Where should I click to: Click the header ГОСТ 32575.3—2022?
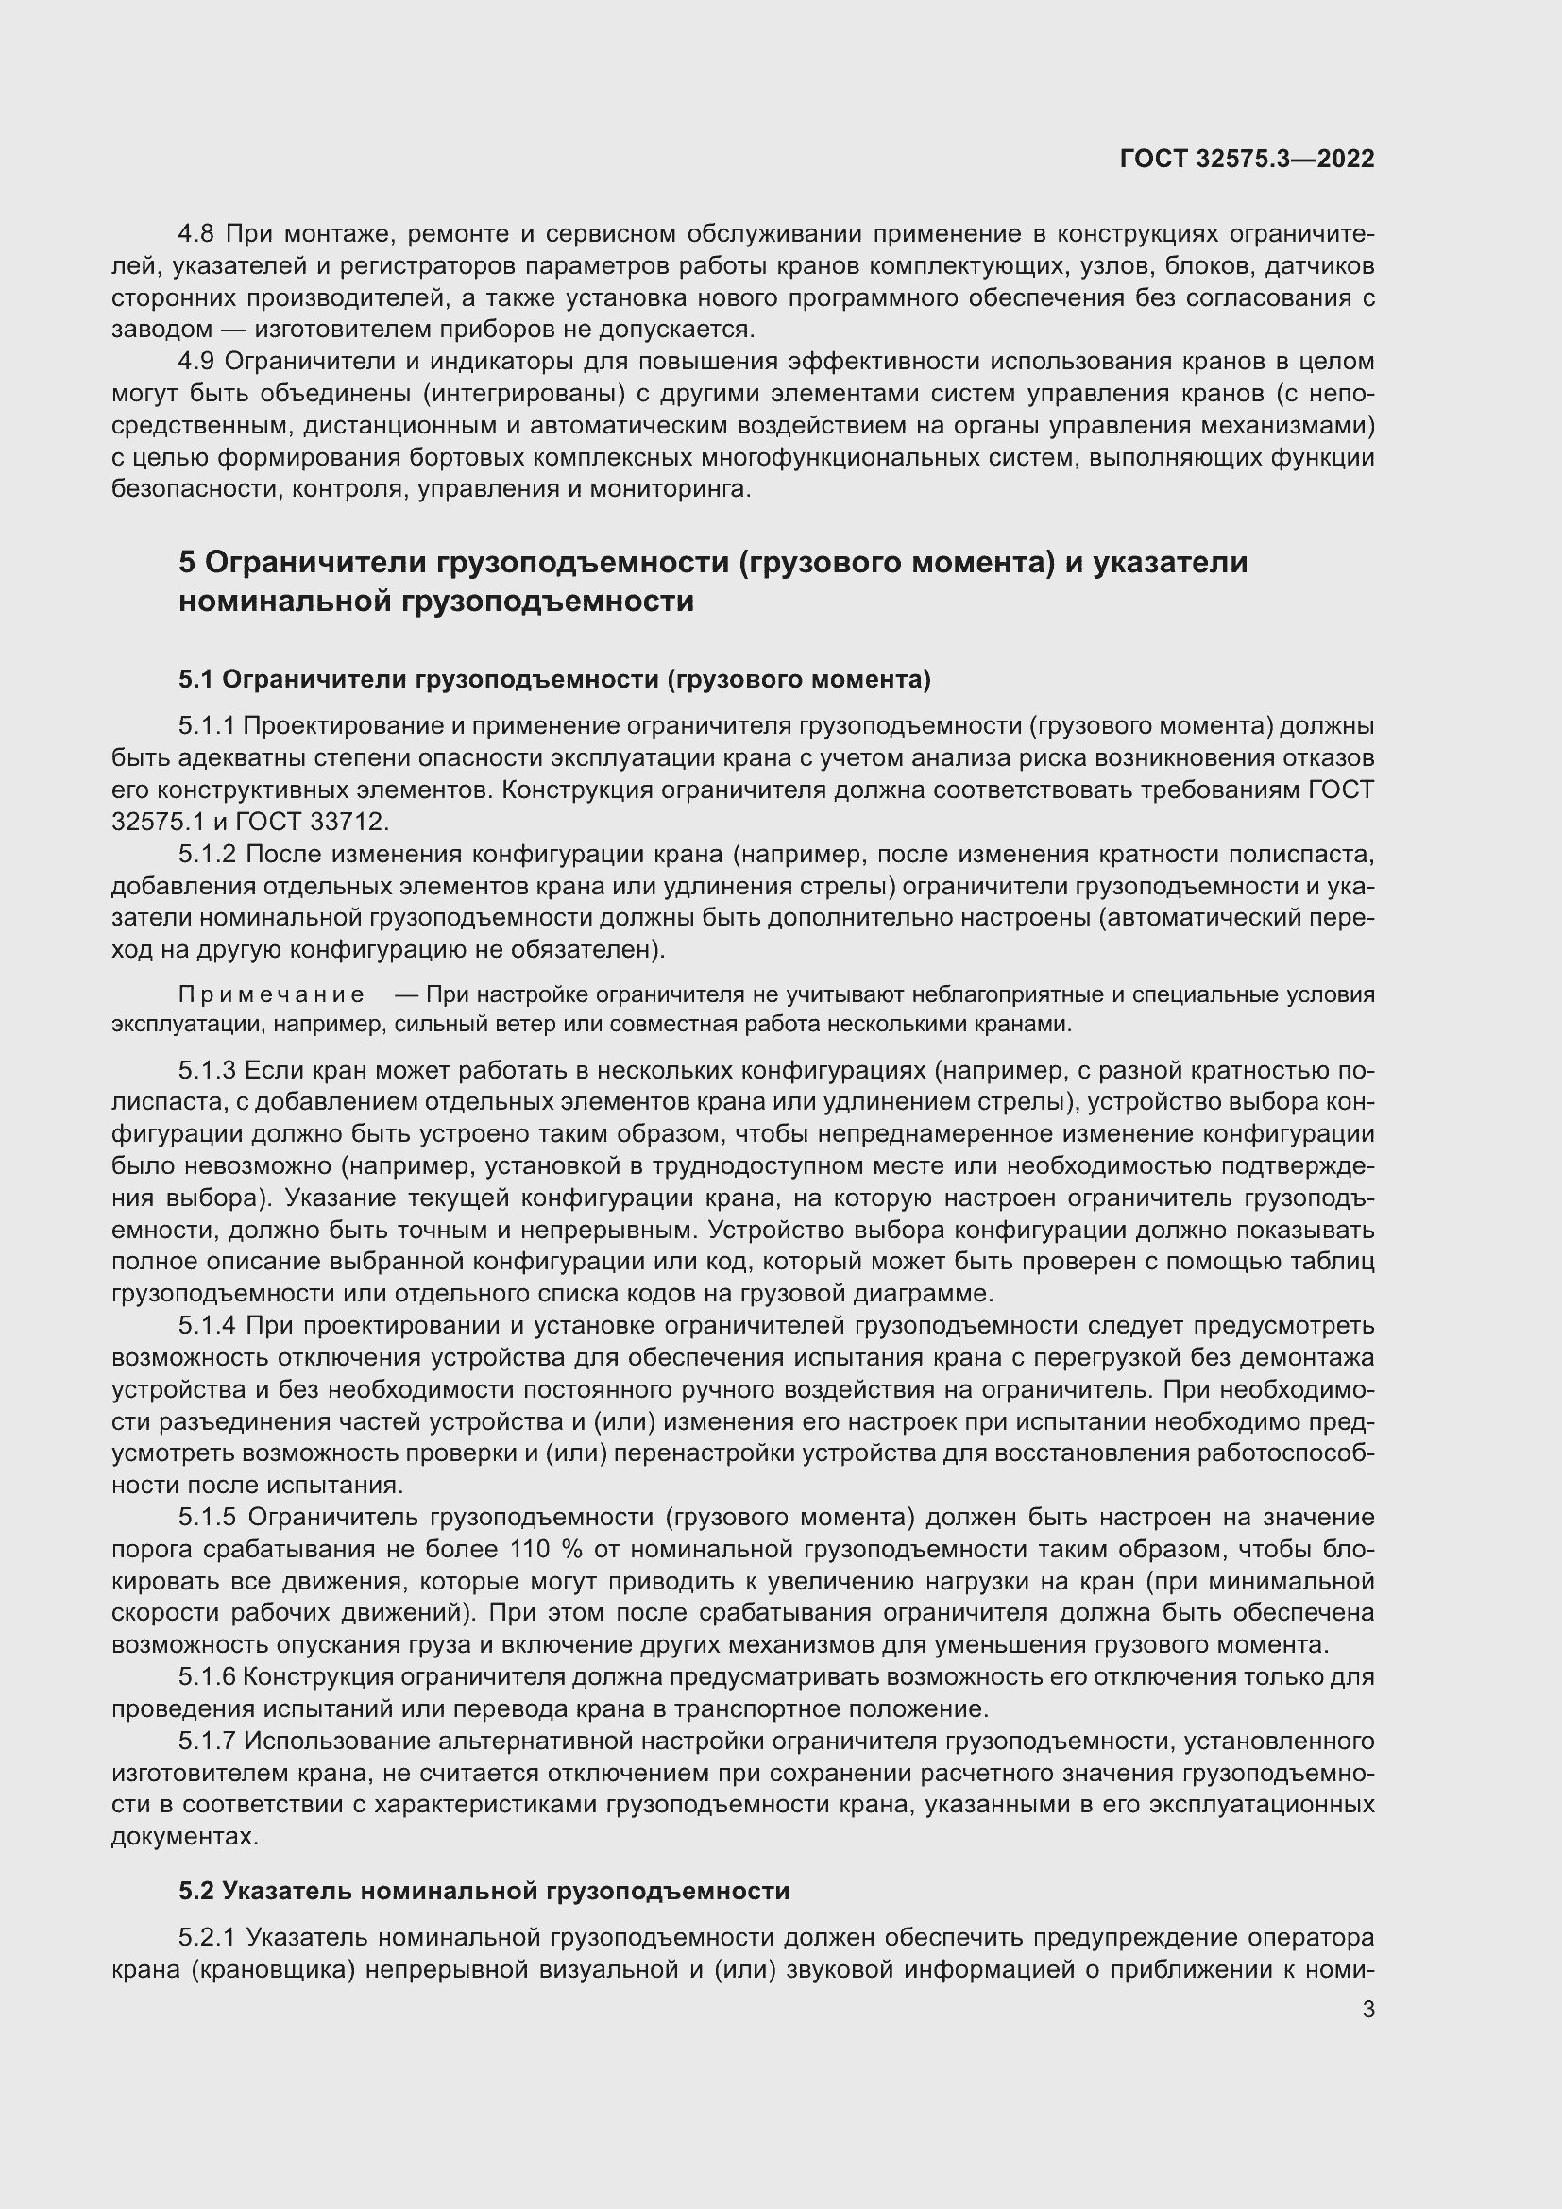tap(1247, 160)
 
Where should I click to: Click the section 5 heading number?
tap(188, 562)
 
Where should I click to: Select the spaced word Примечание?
tap(271, 994)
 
